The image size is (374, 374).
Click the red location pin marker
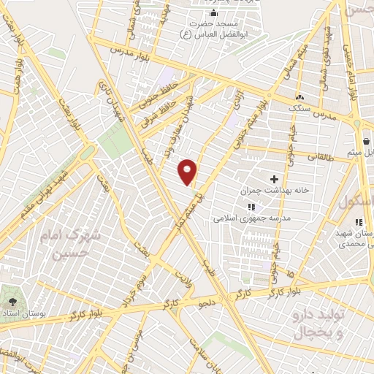coord(188,171)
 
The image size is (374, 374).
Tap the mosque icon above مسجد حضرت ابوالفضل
coord(213,13)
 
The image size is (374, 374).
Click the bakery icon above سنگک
coord(299,97)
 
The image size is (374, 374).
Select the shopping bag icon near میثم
coord(365,141)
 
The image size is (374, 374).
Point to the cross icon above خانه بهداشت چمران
coord(275,178)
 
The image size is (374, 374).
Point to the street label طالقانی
coord(321,156)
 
